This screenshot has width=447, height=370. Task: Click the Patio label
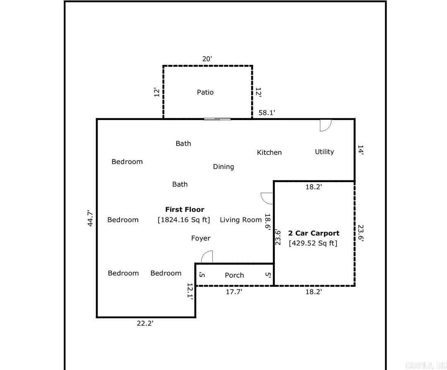point(205,92)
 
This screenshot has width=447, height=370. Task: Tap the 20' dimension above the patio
point(207,59)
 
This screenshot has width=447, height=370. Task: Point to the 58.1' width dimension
point(267,113)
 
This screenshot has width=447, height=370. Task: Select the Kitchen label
point(269,153)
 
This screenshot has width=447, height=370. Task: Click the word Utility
point(324,152)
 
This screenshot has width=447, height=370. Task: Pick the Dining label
point(223,167)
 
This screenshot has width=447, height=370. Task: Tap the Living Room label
point(240,220)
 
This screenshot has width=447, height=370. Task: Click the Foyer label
point(200,238)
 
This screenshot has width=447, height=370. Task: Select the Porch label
point(234,275)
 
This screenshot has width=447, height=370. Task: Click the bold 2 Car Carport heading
point(313,233)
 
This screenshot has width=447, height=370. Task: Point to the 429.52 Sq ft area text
point(313,243)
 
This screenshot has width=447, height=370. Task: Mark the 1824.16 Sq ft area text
point(184,220)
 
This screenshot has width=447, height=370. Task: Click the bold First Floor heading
point(185,210)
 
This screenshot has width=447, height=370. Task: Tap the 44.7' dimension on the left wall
point(91,218)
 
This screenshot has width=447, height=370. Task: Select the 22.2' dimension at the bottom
point(145,324)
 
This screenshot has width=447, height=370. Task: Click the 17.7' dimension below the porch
point(234,292)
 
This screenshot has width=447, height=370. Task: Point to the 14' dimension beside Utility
point(360,150)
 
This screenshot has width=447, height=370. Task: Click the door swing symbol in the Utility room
point(325,125)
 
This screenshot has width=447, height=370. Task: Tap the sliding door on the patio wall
point(217,119)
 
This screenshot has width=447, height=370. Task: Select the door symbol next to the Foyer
point(207,257)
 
